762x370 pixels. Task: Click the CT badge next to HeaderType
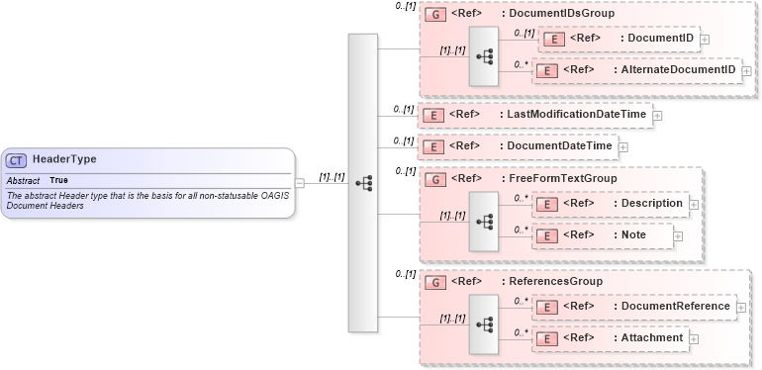point(17,160)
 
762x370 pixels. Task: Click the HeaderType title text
point(64,159)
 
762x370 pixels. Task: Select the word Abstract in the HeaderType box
point(23,181)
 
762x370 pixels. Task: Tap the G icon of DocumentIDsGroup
point(432,15)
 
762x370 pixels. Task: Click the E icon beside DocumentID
point(555,39)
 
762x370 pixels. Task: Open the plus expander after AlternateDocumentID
point(746,71)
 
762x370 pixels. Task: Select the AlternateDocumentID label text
point(678,70)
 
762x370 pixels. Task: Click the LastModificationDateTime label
point(579,115)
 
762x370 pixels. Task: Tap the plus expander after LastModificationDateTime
point(657,116)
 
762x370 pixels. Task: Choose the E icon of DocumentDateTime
point(432,146)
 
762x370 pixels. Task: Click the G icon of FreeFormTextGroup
point(432,179)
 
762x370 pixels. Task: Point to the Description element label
point(650,203)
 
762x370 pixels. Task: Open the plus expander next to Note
point(680,235)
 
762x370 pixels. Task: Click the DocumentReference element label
point(675,306)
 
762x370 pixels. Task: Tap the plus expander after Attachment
point(693,338)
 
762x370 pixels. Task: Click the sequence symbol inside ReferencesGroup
point(484,323)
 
